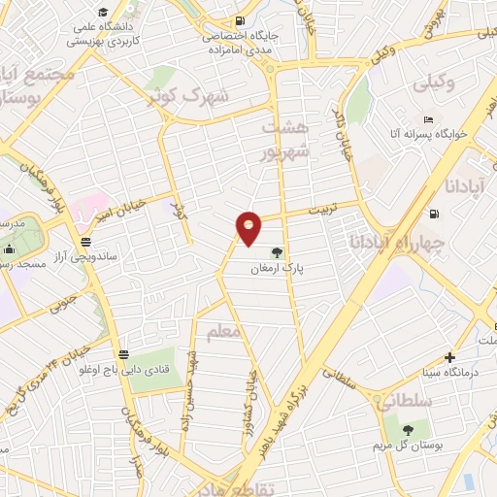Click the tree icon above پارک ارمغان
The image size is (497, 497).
coord(278,251)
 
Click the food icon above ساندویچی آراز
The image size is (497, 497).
coord(87,241)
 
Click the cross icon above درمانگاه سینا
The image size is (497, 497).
coord(449,356)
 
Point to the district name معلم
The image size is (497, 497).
coord(222,333)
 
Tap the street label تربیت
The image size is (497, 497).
coord(315,207)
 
